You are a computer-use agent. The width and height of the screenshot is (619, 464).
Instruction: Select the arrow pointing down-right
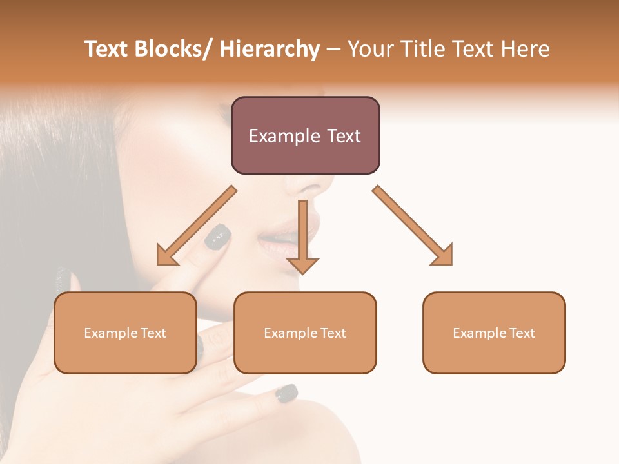click(413, 226)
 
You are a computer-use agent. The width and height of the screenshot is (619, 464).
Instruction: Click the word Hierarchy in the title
click(270, 49)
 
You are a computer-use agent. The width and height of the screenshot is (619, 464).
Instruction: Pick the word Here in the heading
click(526, 49)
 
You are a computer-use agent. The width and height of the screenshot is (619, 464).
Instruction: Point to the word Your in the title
click(371, 49)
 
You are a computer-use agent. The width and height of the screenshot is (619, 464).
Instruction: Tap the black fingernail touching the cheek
click(217, 237)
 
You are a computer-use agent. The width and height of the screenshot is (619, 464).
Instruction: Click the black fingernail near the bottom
click(286, 392)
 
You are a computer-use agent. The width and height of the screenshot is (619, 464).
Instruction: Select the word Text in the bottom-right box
click(521, 333)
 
